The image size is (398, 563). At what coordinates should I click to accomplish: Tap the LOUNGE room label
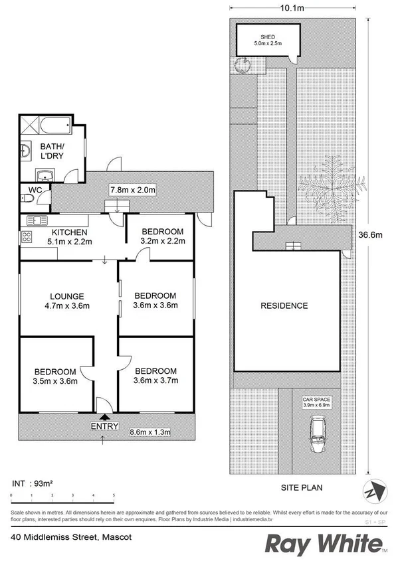coord(65,296)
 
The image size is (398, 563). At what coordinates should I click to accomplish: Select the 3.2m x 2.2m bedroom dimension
coord(163,241)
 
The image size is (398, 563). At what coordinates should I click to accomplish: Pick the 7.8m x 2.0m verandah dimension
coord(132,191)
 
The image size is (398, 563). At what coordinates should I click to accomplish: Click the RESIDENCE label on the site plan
coord(284,306)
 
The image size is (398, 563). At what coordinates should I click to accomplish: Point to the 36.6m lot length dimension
coord(371,234)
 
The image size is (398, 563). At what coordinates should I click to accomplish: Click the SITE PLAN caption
coord(300,487)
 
